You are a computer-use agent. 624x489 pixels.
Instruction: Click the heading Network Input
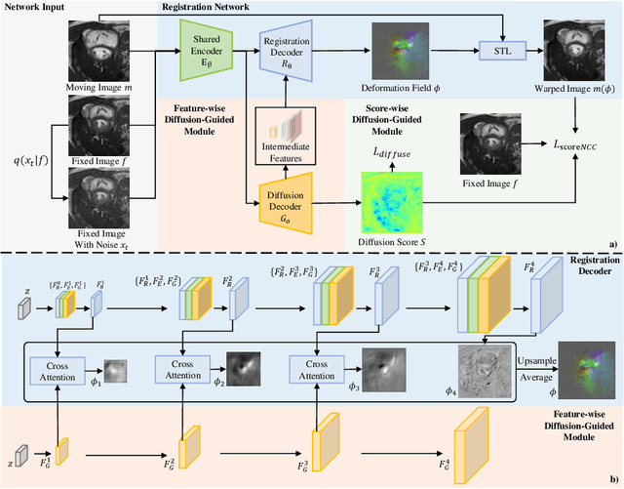tap(37, 6)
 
